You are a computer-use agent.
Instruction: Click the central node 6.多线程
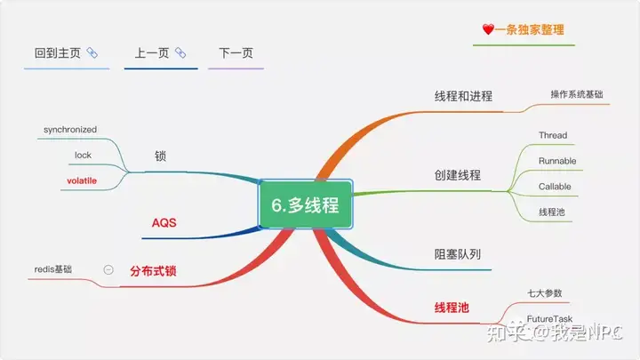(305, 204)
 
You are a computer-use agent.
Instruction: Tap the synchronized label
(70, 130)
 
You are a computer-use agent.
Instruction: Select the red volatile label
(82, 180)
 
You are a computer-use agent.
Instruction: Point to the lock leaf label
(83, 155)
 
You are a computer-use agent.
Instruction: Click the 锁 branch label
(160, 156)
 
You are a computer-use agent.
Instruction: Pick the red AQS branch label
(164, 222)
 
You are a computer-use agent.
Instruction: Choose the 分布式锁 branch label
(153, 270)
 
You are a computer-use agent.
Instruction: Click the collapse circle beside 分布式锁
(108, 270)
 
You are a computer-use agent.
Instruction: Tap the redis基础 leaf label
(53, 269)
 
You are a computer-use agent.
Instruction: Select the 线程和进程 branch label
(463, 96)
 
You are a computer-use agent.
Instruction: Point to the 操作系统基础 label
(577, 94)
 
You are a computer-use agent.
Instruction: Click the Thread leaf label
(553, 135)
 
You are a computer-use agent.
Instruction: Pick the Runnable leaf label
(557, 161)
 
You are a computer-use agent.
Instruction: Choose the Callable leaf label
(555, 187)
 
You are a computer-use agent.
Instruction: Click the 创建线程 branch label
(458, 175)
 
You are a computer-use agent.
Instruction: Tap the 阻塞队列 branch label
(458, 254)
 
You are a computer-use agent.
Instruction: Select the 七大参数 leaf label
(545, 293)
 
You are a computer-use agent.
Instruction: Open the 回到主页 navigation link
(58, 53)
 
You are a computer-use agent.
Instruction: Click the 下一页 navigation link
(236, 53)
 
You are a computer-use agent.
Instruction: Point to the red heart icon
(488, 29)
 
